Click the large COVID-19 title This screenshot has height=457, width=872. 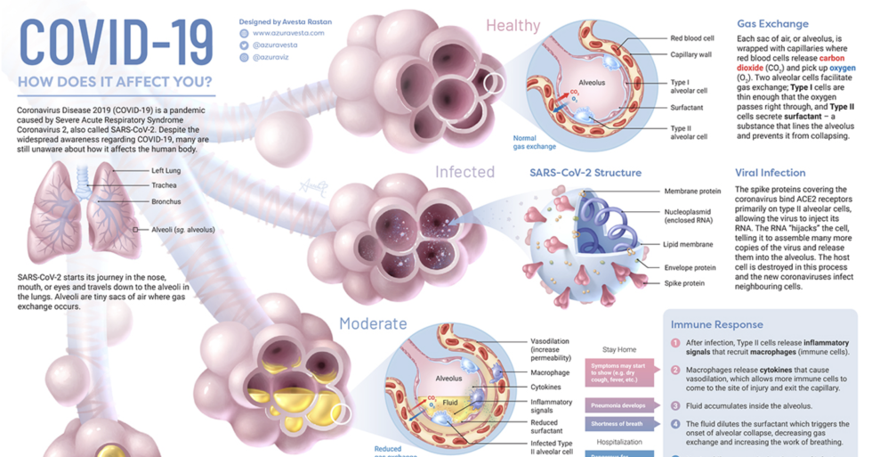coord(116,42)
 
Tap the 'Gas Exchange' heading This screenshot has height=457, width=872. coord(772,24)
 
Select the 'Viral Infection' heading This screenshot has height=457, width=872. coord(770,173)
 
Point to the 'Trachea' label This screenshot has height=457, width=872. coord(164,185)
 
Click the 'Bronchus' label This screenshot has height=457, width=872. coord(166,202)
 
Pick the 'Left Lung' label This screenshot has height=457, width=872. coord(166,169)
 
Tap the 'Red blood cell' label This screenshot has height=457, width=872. coord(691,39)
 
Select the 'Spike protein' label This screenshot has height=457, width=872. coord(684,283)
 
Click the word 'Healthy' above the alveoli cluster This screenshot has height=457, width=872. coord(513,26)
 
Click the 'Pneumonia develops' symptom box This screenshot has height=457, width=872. coord(616,404)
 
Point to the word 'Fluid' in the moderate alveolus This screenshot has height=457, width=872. coord(450,403)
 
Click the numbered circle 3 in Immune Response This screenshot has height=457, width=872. coord(675,405)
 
